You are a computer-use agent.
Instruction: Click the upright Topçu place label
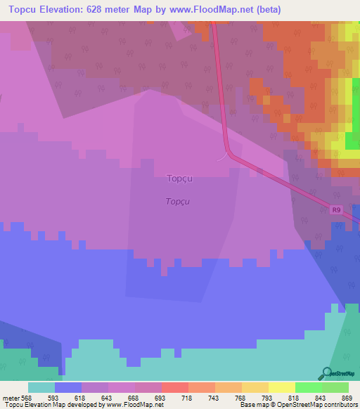tap(179, 178)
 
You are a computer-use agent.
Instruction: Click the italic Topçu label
tap(179, 202)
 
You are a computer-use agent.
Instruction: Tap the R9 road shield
tap(336, 209)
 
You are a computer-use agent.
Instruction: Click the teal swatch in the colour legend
tap(41, 387)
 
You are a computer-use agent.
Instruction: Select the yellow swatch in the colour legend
tap(282, 387)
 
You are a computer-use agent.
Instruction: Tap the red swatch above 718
tap(175, 387)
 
